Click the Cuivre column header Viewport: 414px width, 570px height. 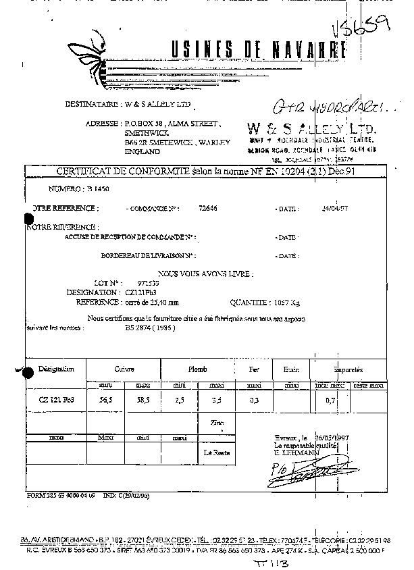tap(124, 369)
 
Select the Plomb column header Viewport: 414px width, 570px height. tap(198, 369)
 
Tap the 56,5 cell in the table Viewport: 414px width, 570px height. tap(105, 400)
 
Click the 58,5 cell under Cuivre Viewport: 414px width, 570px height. tap(143, 400)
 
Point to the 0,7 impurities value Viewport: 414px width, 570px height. tap(330, 400)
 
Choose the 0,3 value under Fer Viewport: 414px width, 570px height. tap(255, 400)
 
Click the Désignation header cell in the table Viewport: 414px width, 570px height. tap(56, 369)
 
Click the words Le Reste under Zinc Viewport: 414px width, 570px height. tap(215, 454)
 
